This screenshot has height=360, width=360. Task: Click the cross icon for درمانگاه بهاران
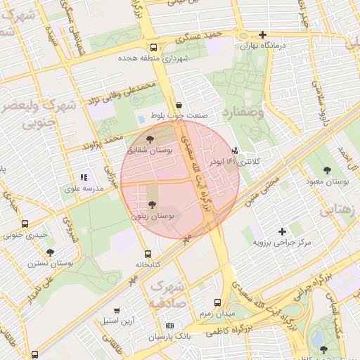pos(262,34)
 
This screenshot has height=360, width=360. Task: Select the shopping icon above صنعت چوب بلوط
pos(178,105)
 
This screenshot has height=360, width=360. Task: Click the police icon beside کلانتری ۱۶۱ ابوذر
pos(235,150)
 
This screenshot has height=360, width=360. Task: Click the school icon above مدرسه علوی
pos(84,178)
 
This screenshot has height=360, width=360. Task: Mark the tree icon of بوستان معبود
pos(327,169)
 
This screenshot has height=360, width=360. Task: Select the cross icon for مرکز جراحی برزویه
pos(282,231)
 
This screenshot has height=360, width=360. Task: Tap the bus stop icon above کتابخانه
pos(147,254)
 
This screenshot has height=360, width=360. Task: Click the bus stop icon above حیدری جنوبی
pos(25,224)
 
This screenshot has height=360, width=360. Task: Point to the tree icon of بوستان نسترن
pos(50,252)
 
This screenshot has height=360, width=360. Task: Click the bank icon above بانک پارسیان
pos(169,326)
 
